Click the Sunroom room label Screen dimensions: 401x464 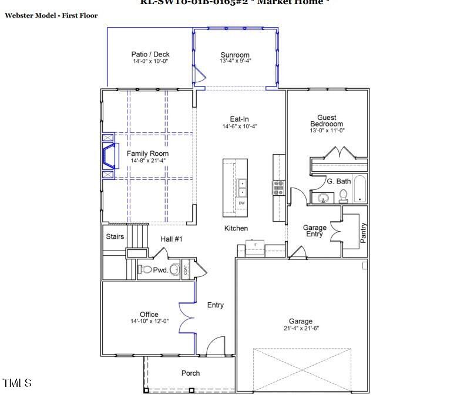(235, 55)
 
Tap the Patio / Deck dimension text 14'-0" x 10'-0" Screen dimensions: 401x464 (150, 61)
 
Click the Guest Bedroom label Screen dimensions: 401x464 (327, 121)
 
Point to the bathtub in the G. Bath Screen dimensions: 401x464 (359, 189)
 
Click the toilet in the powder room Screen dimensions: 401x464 (146, 270)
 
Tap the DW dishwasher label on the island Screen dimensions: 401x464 (241, 203)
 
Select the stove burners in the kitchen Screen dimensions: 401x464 (278, 188)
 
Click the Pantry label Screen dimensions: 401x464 (364, 232)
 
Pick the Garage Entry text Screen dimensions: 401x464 (314, 230)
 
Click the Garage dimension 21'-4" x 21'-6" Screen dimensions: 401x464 (300, 329)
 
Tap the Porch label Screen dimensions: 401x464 (190, 373)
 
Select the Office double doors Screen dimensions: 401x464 (187, 318)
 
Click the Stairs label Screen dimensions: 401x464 (115, 237)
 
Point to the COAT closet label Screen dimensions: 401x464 (186, 270)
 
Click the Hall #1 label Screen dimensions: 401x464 (172, 239)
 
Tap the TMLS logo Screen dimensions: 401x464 (17, 383)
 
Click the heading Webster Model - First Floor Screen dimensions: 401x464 (51, 15)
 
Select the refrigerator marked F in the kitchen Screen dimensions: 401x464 (255, 248)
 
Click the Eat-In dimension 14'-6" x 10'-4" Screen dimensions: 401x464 (240, 126)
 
